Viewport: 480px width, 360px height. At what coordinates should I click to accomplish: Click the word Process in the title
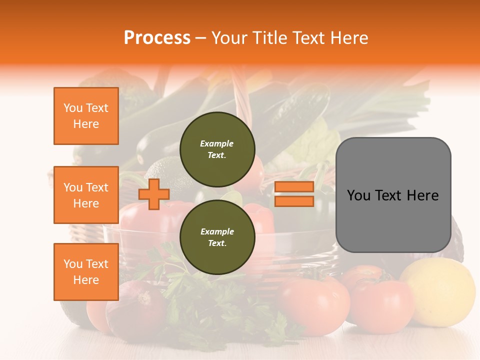click(157, 38)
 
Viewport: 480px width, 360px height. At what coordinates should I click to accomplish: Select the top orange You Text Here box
click(86, 116)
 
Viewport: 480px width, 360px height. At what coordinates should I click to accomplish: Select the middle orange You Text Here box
click(86, 195)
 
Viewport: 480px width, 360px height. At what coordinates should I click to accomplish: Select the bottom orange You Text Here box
click(86, 271)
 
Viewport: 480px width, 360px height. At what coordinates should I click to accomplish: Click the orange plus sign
click(154, 194)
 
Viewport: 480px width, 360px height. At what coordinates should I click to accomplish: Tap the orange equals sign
click(294, 194)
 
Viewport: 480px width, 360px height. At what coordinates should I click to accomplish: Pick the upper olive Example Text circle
click(217, 149)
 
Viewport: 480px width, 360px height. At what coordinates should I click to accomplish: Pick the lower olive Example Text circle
click(217, 237)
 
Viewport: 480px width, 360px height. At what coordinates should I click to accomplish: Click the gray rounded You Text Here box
click(393, 195)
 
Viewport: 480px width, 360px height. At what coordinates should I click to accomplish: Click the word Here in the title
click(348, 38)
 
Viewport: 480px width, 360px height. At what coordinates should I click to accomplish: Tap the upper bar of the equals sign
click(294, 187)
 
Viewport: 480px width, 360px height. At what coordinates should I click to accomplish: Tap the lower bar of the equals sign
click(294, 201)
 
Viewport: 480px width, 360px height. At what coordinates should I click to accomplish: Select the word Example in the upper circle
click(217, 143)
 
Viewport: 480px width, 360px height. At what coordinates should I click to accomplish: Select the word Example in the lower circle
click(217, 231)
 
